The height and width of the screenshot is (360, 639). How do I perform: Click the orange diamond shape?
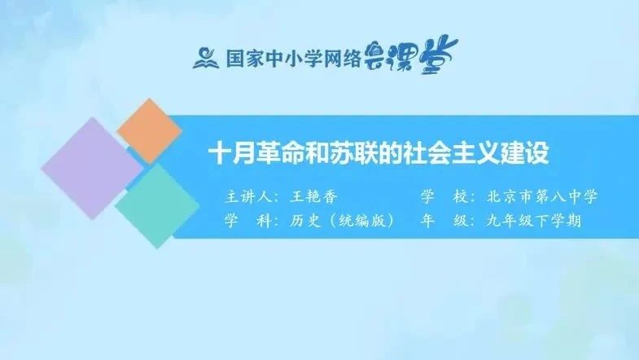(149, 130)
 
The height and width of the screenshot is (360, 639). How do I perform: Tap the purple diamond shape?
(93, 169)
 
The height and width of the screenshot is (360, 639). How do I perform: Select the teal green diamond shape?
(157, 206)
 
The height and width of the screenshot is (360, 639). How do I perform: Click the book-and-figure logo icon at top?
(206, 58)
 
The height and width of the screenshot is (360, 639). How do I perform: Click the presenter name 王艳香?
(313, 197)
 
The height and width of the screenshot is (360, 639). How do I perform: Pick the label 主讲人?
(249, 197)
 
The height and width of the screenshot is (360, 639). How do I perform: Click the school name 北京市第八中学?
(542, 196)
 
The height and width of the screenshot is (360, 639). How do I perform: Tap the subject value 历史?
(306, 221)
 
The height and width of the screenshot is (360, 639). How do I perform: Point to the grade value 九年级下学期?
(533, 221)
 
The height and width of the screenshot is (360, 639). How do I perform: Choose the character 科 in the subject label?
(265, 221)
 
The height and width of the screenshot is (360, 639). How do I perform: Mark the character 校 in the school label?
(461, 196)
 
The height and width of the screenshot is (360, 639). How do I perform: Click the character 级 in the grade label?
(461, 221)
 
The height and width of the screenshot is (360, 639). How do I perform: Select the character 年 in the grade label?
(428, 221)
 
